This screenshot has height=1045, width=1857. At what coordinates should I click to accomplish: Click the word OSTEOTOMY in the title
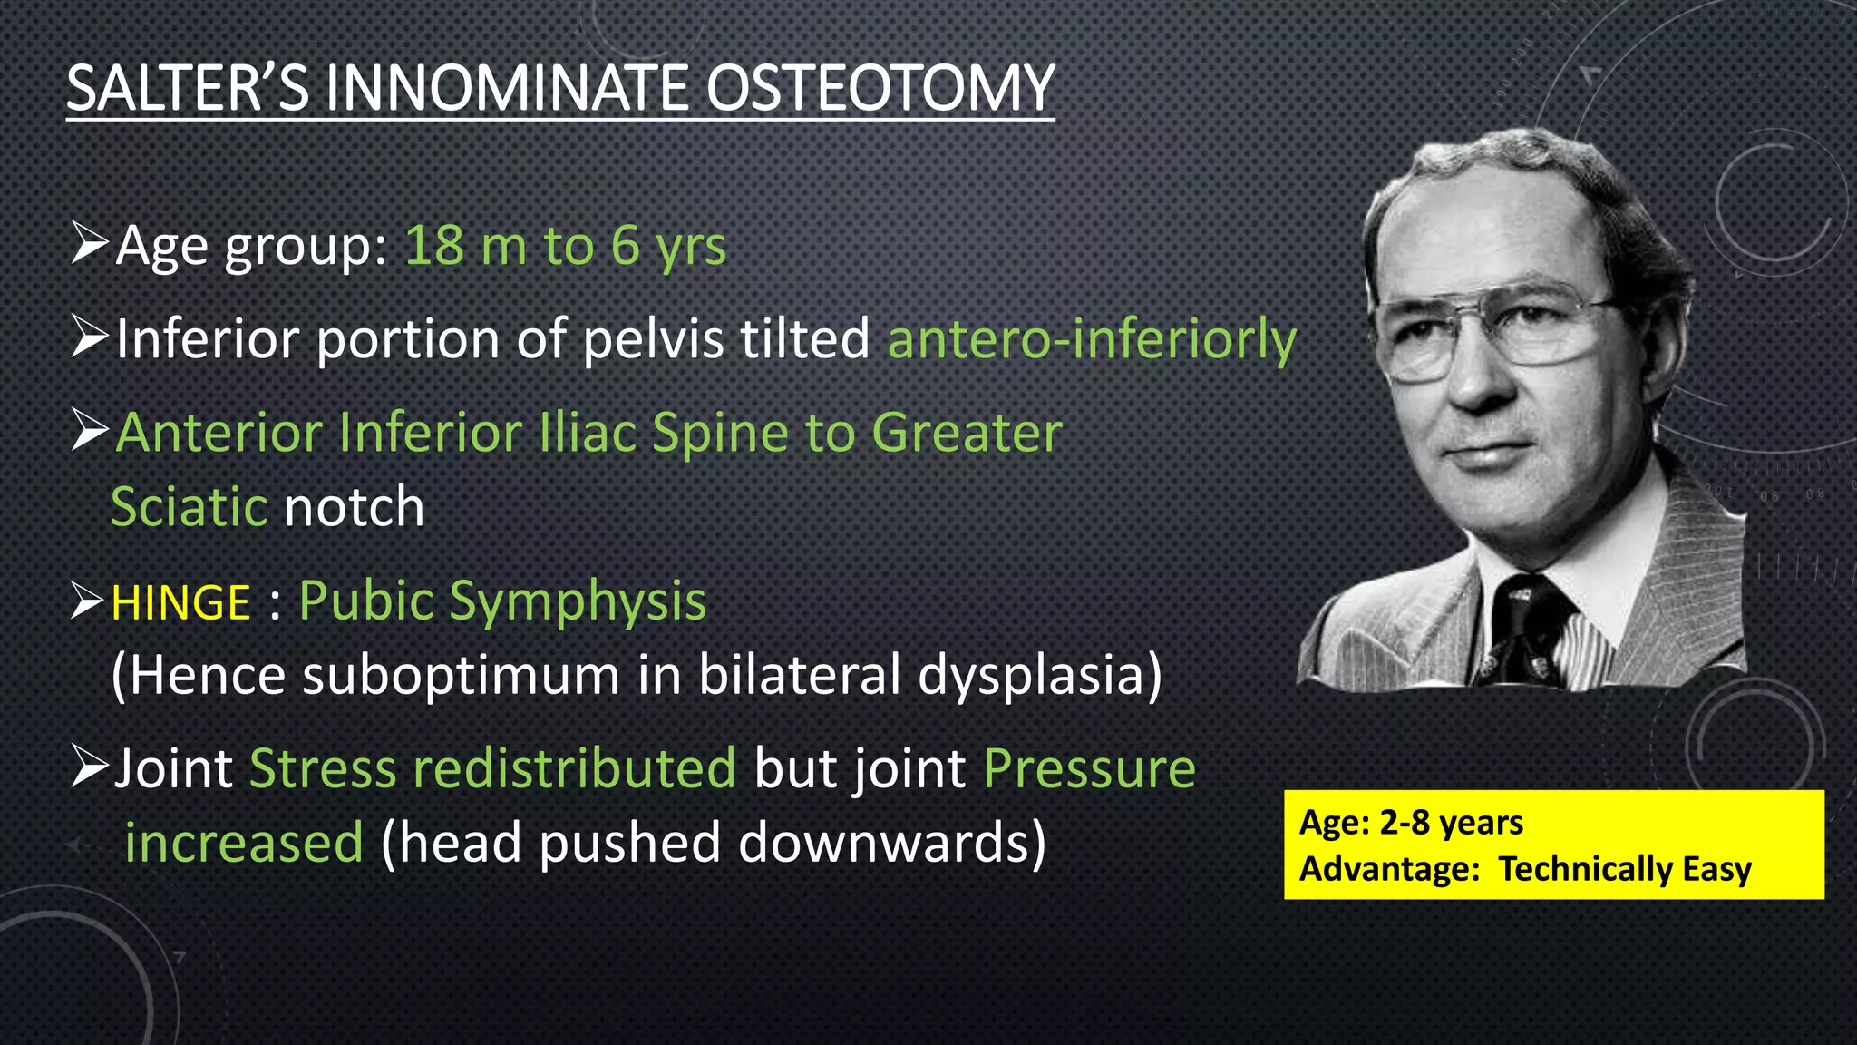click(x=880, y=89)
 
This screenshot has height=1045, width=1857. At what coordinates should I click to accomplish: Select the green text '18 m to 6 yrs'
click(x=565, y=246)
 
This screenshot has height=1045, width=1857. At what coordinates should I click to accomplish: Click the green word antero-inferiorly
click(x=1092, y=339)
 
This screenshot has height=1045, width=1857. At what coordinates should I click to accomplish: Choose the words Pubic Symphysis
click(x=502, y=601)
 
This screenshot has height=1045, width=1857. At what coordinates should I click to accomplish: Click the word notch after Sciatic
click(x=355, y=507)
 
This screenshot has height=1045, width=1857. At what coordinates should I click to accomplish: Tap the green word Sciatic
click(x=190, y=507)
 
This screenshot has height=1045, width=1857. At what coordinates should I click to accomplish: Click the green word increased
click(x=244, y=843)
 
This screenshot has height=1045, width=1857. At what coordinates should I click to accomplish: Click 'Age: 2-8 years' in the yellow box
click(x=1411, y=823)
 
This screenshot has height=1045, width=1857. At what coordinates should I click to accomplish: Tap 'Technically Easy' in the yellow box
click(x=1624, y=869)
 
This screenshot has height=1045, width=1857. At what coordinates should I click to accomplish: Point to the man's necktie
click(x=1531, y=635)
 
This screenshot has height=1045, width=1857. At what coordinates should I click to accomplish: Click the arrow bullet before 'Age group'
click(x=90, y=245)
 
